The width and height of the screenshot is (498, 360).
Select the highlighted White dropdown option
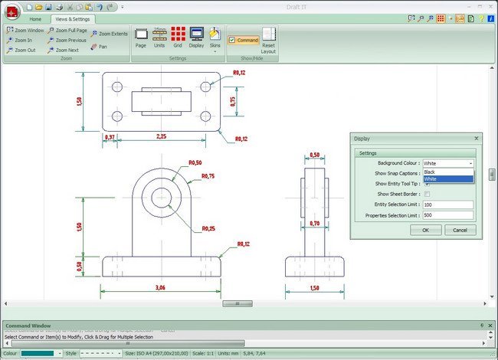pos(448,179)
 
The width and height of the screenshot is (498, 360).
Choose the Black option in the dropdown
pos(448,172)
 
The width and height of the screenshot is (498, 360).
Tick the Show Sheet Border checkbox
pos(427,195)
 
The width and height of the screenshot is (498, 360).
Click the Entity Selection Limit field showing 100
pos(447,205)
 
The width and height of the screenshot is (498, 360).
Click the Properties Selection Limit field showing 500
pos(447,215)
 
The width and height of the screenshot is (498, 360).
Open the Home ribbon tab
pos(35,18)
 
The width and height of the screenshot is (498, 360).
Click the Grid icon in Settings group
pos(178,37)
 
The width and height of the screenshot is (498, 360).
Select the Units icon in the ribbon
pos(159,37)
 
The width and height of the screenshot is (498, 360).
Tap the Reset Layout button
pos(268,40)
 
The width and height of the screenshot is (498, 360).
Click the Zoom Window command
pos(25,31)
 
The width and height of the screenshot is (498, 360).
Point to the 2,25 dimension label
pos(162,137)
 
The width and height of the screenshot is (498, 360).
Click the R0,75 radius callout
pos(208,176)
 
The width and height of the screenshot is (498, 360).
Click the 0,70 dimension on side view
pos(315,224)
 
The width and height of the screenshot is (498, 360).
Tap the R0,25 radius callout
pos(208,229)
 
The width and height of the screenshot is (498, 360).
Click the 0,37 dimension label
pos(110,137)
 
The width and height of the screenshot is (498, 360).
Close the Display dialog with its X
pos(476,139)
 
